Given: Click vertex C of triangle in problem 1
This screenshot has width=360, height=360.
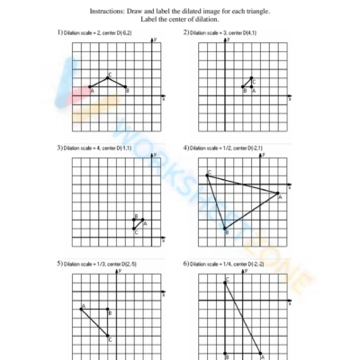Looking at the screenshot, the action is (108, 78).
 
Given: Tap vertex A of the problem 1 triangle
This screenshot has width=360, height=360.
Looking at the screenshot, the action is (90, 87).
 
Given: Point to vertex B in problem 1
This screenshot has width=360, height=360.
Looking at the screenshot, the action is (125, 87).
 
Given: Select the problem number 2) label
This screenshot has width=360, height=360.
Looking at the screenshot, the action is (185, 32).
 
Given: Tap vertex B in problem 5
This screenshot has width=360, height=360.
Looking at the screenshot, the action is (109, 310).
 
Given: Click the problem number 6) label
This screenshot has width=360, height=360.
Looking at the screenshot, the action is (185, 264).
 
